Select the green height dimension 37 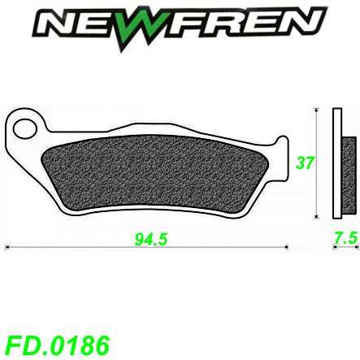click(x=306, y=163)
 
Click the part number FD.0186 click(x=56, y=341)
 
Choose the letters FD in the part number click(x=20, y=341)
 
